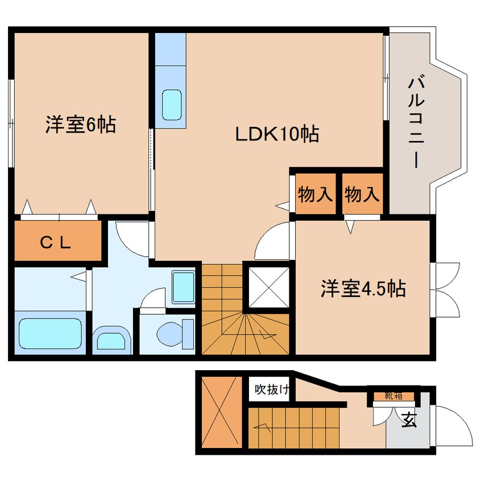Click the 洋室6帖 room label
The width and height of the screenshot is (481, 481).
pyautogui.click(x=81, y=124)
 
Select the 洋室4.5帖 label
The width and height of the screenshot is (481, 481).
pyautogui.click(x=362, y=289)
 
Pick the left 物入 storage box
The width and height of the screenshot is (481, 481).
pyautogui.click(x=316, y=195)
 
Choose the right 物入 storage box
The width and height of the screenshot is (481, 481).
pyautogui.click(x=362, y=195)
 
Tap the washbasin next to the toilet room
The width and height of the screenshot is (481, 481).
pyautogui.click(x=183, y=287)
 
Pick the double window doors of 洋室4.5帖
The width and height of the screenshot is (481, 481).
pyautogui.click(x=445, y=289)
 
